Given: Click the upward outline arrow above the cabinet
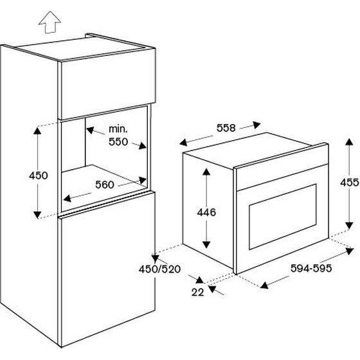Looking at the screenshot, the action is [50, 22].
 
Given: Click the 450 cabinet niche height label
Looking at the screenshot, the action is [39, 175].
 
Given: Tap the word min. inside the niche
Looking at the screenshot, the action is [118, 129].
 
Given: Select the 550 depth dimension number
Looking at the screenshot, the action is [118, 141].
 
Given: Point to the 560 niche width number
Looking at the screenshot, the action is [105, 184].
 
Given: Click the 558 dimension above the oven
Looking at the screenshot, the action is [226, 128].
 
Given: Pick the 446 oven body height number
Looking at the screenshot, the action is [206, 212].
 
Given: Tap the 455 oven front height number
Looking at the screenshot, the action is [350, 183].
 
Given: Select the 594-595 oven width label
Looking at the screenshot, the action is [311, 268].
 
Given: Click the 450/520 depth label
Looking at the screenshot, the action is [159, 269].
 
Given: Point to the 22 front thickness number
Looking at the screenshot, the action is [198, 292].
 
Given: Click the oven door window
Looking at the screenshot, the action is [283, 217].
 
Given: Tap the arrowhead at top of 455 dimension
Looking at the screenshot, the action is [349, 141].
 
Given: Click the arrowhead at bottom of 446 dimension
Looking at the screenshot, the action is [206, 245].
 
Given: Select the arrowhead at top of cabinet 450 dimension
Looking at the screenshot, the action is [37, 130].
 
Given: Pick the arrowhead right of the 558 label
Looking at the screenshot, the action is [256, 125].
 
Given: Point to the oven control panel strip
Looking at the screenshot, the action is [282, 170].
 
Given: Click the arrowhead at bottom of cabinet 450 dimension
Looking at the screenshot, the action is [37, 215].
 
